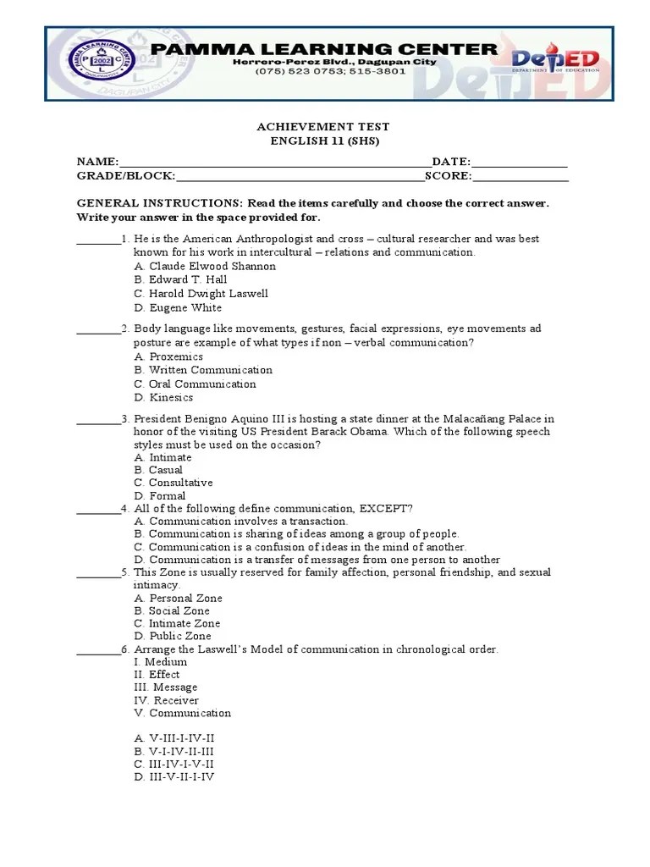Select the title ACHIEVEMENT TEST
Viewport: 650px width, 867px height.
323,127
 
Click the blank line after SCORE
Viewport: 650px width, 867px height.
521,176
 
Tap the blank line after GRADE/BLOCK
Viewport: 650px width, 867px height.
300,176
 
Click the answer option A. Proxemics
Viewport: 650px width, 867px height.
168,356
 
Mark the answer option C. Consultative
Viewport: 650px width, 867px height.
174,483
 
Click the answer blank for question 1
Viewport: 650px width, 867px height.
98,240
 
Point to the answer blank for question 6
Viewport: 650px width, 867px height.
98,649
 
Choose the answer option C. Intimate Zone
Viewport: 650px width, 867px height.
177,623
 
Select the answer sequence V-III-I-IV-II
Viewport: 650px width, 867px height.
174,738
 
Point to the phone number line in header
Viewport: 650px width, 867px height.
330,71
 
